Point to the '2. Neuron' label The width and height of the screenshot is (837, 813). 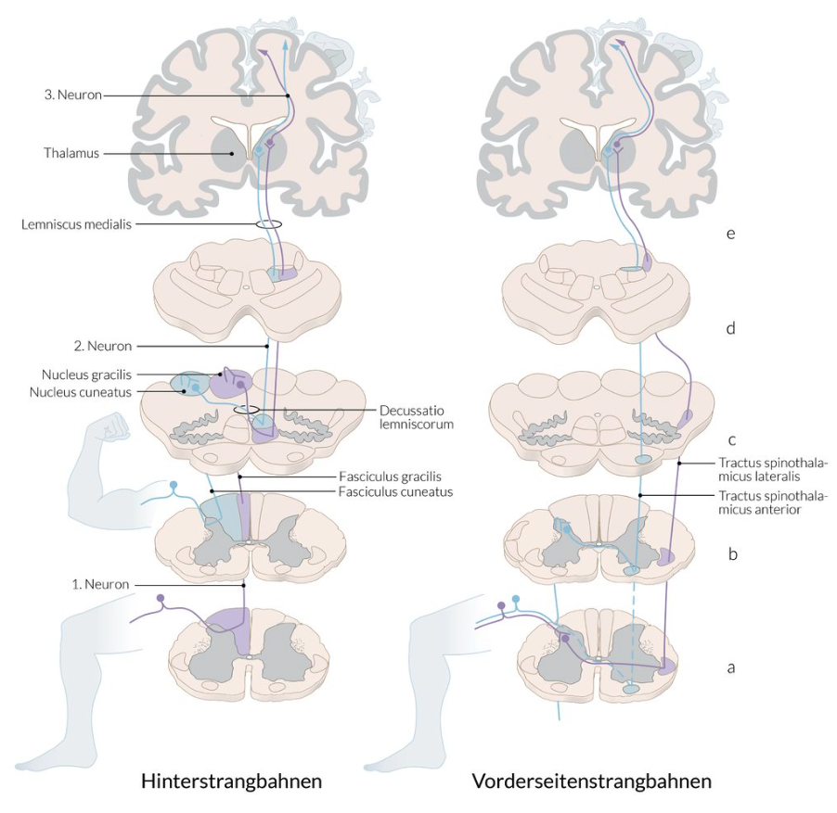tap(101, 346)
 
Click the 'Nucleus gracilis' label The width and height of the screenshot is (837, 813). tap(81, 375)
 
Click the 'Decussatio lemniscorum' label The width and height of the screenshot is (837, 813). tap(417, 417)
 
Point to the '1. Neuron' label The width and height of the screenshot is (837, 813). tap(100, 584)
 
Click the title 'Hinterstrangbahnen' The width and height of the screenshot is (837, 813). tap(231, 781)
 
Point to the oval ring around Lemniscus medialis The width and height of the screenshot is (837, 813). tap(269, 224)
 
